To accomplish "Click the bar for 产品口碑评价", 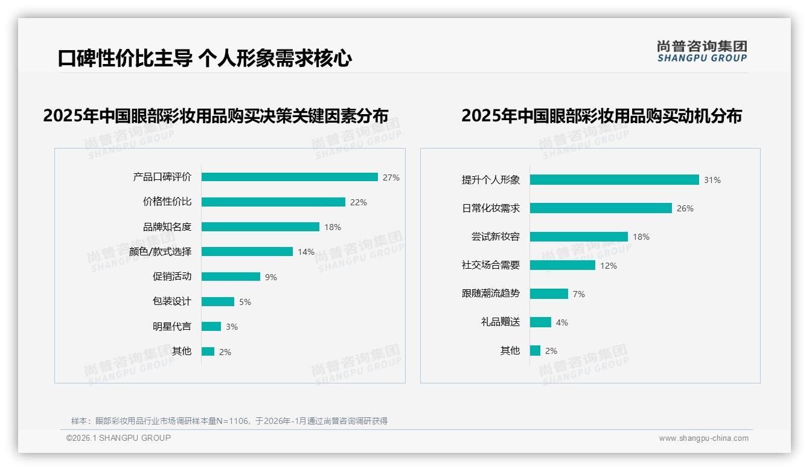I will (x=290, y=177).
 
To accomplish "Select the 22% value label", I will (x=358, y=202).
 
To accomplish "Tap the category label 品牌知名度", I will (x=167, y=227).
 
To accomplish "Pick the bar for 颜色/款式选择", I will (x=247, y=252).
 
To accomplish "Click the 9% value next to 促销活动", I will (x=270, y=277).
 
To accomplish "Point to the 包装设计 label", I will (x=172, y=301).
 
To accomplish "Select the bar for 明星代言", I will (x=211, y=327).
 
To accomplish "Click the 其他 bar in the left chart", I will (x=208, y=351).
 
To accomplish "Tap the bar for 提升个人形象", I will (x=614, y=180).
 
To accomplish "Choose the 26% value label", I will (x=685, y=208).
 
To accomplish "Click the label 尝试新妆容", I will (x=496, y=237).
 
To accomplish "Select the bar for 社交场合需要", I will (x=563, y=265).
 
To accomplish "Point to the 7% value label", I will (x=578, y=294).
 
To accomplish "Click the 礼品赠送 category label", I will (x=500, y=322).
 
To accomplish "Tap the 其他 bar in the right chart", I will (x=535, y=351).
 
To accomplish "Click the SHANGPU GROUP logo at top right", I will (x=702, y=51).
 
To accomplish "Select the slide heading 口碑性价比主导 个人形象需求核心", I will (x=205, y=59).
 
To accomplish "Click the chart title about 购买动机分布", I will (x=601, y=115).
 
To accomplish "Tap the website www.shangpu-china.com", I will (x=703, y=438).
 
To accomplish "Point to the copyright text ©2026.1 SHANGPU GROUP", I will (x=118, y=438).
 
